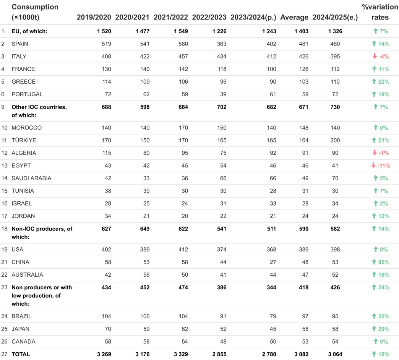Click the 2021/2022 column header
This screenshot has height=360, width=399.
(170, 17)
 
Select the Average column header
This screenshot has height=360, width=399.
(294, 17)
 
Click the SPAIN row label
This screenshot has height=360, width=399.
(20, 44)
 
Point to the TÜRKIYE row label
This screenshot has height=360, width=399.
(24, 140)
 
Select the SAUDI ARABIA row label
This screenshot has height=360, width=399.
(31, 178)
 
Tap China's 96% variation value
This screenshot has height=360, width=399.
(383, 262)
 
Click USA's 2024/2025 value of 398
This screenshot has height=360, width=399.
(335, 250)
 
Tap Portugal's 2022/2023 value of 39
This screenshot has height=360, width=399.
(223, 94)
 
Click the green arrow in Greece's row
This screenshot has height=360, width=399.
(375, 82)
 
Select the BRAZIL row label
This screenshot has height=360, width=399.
(21, 316)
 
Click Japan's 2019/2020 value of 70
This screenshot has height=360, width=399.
(107, 329)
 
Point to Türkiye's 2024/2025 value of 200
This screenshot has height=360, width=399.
(335, 140)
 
